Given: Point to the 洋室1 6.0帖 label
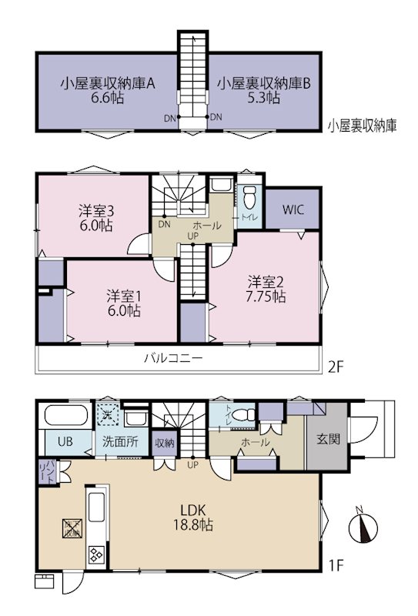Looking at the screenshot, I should pos(123,302).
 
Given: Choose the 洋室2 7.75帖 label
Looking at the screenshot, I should pos(266,287).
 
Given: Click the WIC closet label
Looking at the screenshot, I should pos(292,210).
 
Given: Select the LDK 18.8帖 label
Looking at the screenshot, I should pos(197,517).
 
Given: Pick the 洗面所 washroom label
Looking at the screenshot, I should pos(120,442).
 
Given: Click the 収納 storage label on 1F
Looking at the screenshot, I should pos(164,442).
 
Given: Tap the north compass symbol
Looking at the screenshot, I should pos(362,528).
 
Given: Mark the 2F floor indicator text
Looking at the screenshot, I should pos(335,367).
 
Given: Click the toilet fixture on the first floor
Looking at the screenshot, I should pos(246,416).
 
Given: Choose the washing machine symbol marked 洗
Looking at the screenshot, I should pos(108,416).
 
